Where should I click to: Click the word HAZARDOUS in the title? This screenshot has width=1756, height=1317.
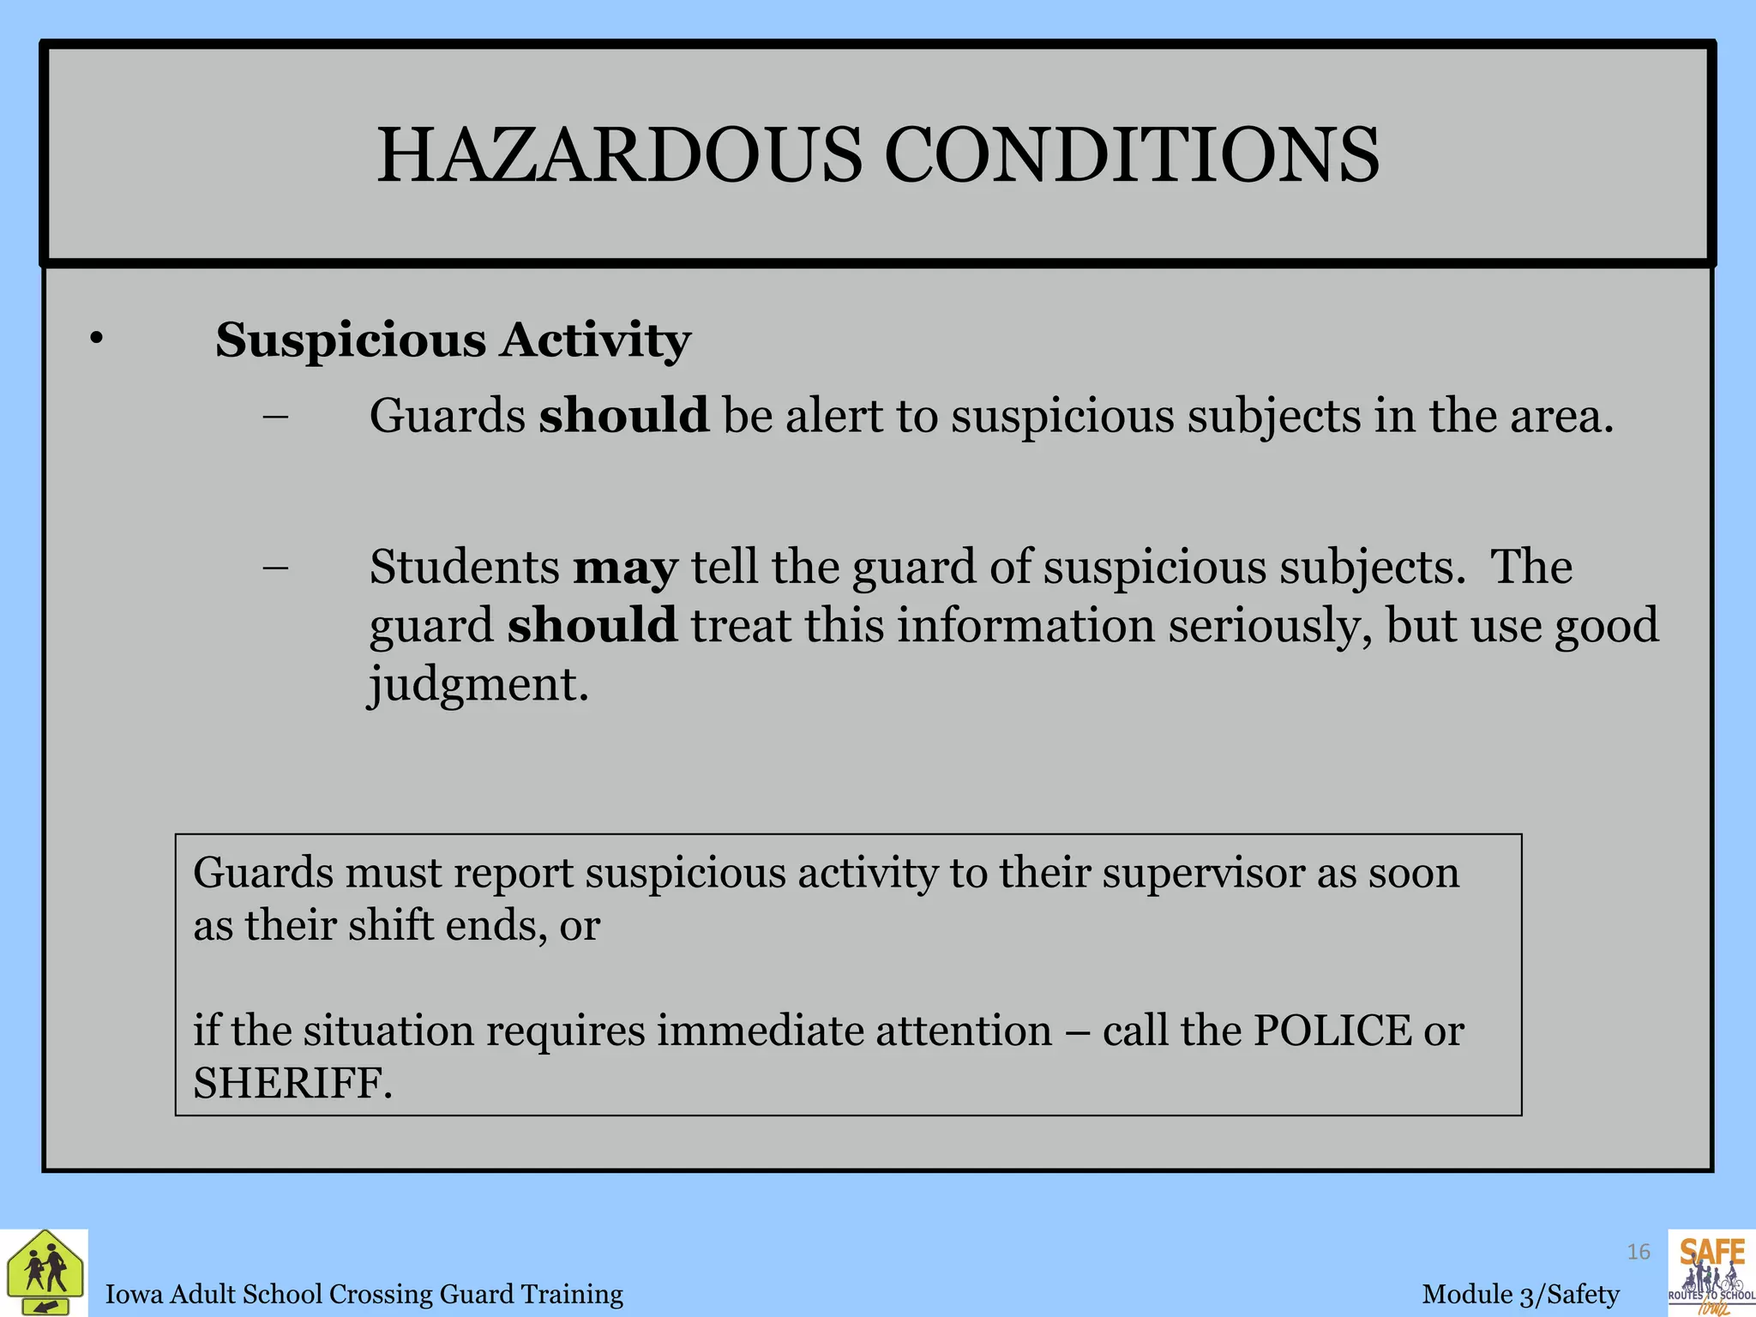pos(619,156)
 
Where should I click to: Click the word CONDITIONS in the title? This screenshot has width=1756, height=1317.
pos(1131,156)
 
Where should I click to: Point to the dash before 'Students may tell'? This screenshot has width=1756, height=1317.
pos(276,568)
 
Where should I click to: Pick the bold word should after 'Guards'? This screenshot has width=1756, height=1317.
pos(623,416)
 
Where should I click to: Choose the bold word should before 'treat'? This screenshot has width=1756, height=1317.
pos(592,625)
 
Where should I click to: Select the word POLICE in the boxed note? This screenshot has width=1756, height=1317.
pos(1332,1031)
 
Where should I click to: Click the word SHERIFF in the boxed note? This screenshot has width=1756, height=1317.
pos(292,1083)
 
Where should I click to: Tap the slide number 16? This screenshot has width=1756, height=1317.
pos(1639,1253)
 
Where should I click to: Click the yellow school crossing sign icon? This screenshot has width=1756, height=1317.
pos(45,1273)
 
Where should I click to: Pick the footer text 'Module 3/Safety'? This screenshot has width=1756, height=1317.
pos(1521,1294)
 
